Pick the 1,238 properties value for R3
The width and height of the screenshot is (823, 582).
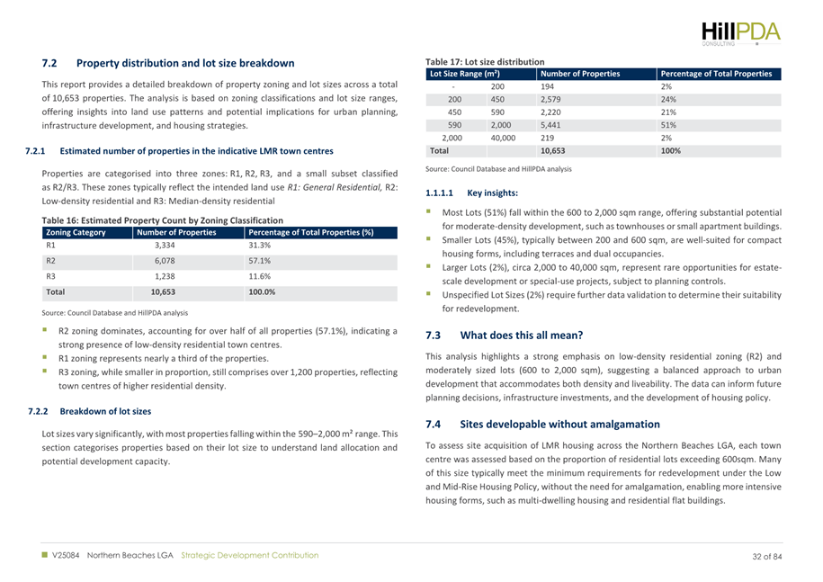165,277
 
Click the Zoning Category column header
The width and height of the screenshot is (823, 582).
76,232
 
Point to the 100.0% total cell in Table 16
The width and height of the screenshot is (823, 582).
262,292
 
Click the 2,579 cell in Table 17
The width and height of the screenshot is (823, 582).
554,100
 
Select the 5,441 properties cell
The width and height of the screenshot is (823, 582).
554,126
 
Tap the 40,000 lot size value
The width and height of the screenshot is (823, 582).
503,139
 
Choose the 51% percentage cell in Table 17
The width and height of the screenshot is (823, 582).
669,126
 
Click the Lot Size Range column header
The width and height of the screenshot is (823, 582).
465,74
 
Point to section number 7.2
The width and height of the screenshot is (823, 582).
50,63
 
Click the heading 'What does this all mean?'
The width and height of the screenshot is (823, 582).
521,336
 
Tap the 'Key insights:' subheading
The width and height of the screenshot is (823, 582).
493,193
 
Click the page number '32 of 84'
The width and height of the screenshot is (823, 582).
767,556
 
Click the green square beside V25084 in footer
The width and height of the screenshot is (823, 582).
45,556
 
